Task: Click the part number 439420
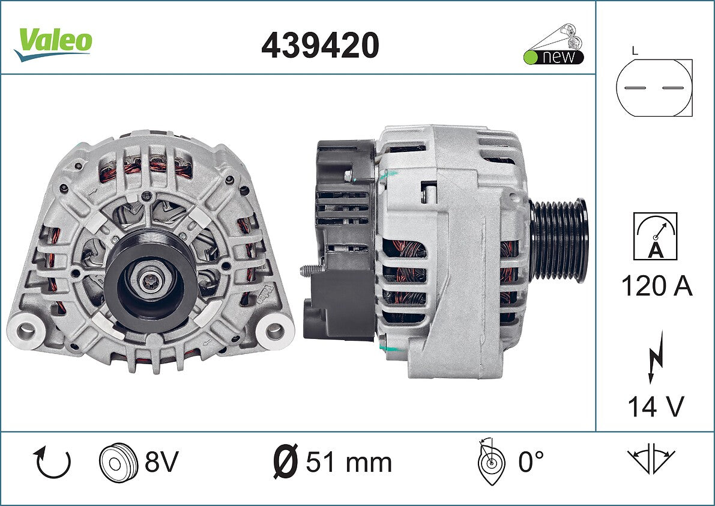(x=320, y=44)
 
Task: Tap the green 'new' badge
(x=554, y=44)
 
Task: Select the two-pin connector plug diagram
(x=654, y=88)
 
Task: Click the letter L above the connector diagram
(x=635, y=50)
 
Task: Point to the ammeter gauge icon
(x=655, y=236)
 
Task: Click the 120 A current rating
(x=657, y=287)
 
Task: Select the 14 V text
(x=656, y=406)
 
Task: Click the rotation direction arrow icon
(x=52, y=462)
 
